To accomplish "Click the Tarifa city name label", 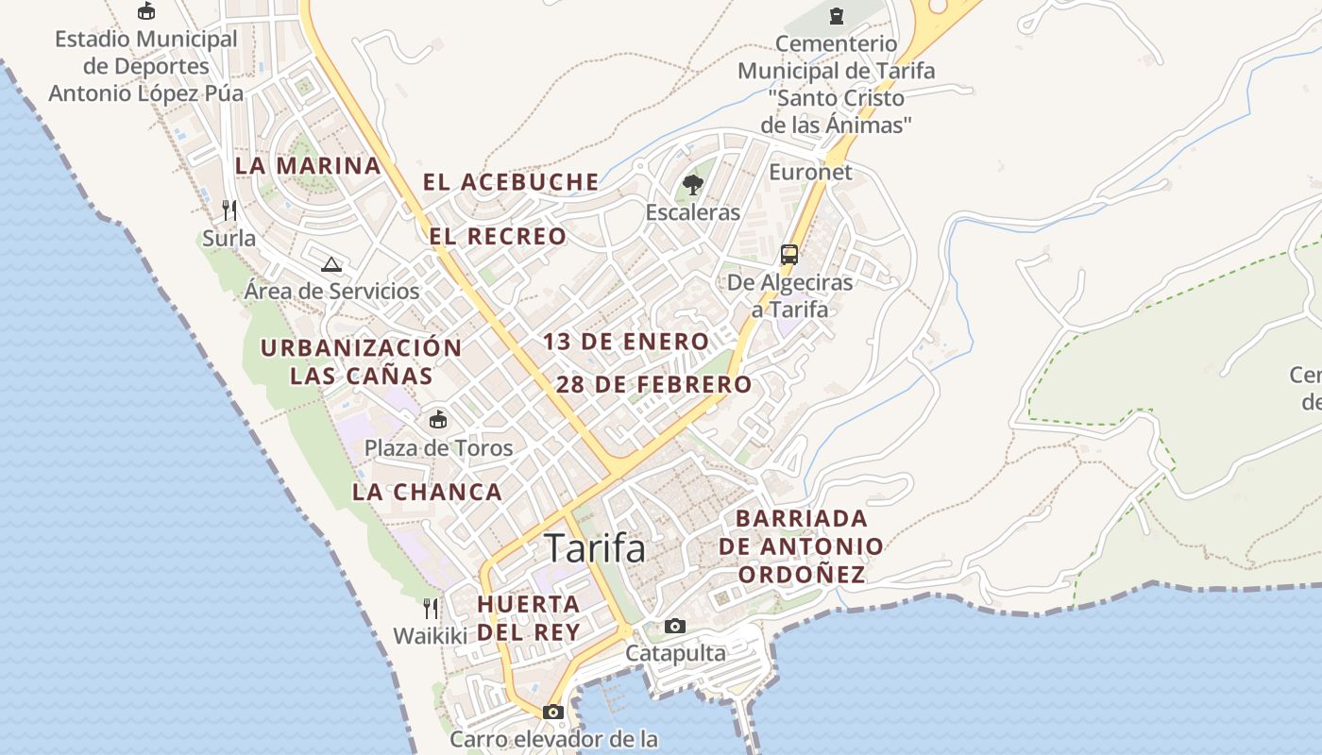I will click(595, 548).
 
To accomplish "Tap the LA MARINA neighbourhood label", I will click(308, 166).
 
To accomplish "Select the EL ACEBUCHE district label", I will click(511, 182).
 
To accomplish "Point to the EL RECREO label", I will click(499, 236).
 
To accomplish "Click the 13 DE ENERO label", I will click(626, 342).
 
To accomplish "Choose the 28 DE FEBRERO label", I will click(653, 385).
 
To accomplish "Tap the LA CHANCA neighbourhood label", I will click(427, 492).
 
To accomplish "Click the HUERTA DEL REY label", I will click(529, 618).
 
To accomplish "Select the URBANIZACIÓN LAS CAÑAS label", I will click(361, 361).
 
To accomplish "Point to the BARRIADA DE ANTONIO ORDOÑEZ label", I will click(802, 546).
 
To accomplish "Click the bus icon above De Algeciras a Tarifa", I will click(789, 255).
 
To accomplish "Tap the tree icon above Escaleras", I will click(693, 184).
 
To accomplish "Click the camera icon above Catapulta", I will click(675, 626).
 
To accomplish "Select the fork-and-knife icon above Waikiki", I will click(431, 608).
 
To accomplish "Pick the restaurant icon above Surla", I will click(229, 210).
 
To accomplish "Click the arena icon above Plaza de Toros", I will click(438, 420).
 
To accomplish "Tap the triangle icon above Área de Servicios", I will click(330, 264).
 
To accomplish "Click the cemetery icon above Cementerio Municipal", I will click(836, 16).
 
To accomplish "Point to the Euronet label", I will click(810, 172).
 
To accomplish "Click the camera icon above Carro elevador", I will click(553, 712).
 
